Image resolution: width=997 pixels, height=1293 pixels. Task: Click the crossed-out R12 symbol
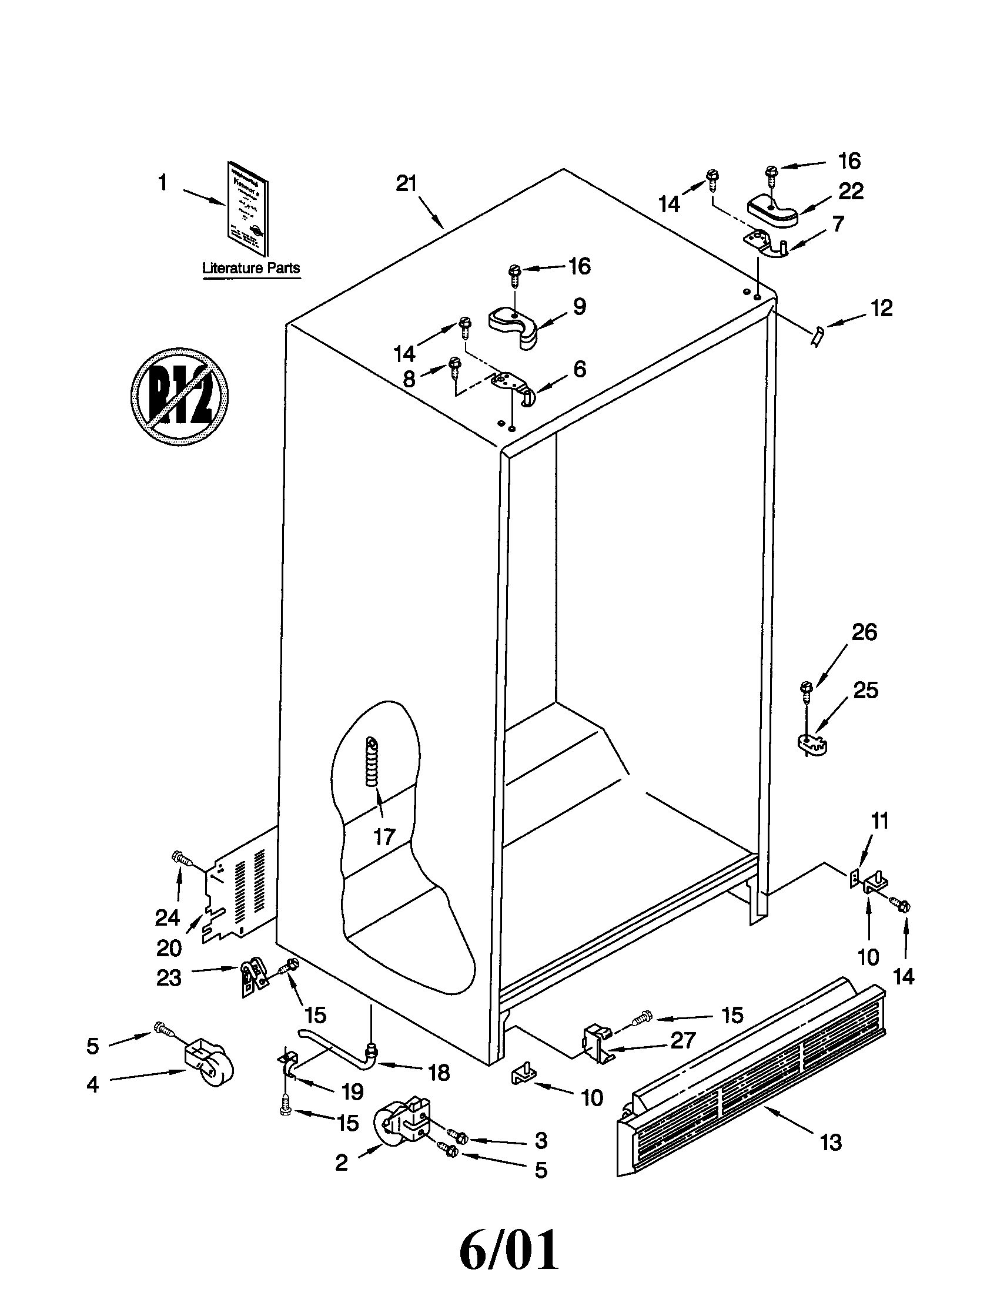pyautogui.click(x=179, y=396)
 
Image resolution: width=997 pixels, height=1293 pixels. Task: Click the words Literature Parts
pyautogui.click(x=251, y=267)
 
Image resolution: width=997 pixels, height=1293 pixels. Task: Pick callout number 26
pyautogui.click(x=863, y=632)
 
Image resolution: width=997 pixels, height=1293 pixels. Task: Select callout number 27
pyautogui.click(x=682, y=1040)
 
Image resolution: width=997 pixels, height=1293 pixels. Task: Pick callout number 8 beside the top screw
pyautogui.click(x=409, y=380)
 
